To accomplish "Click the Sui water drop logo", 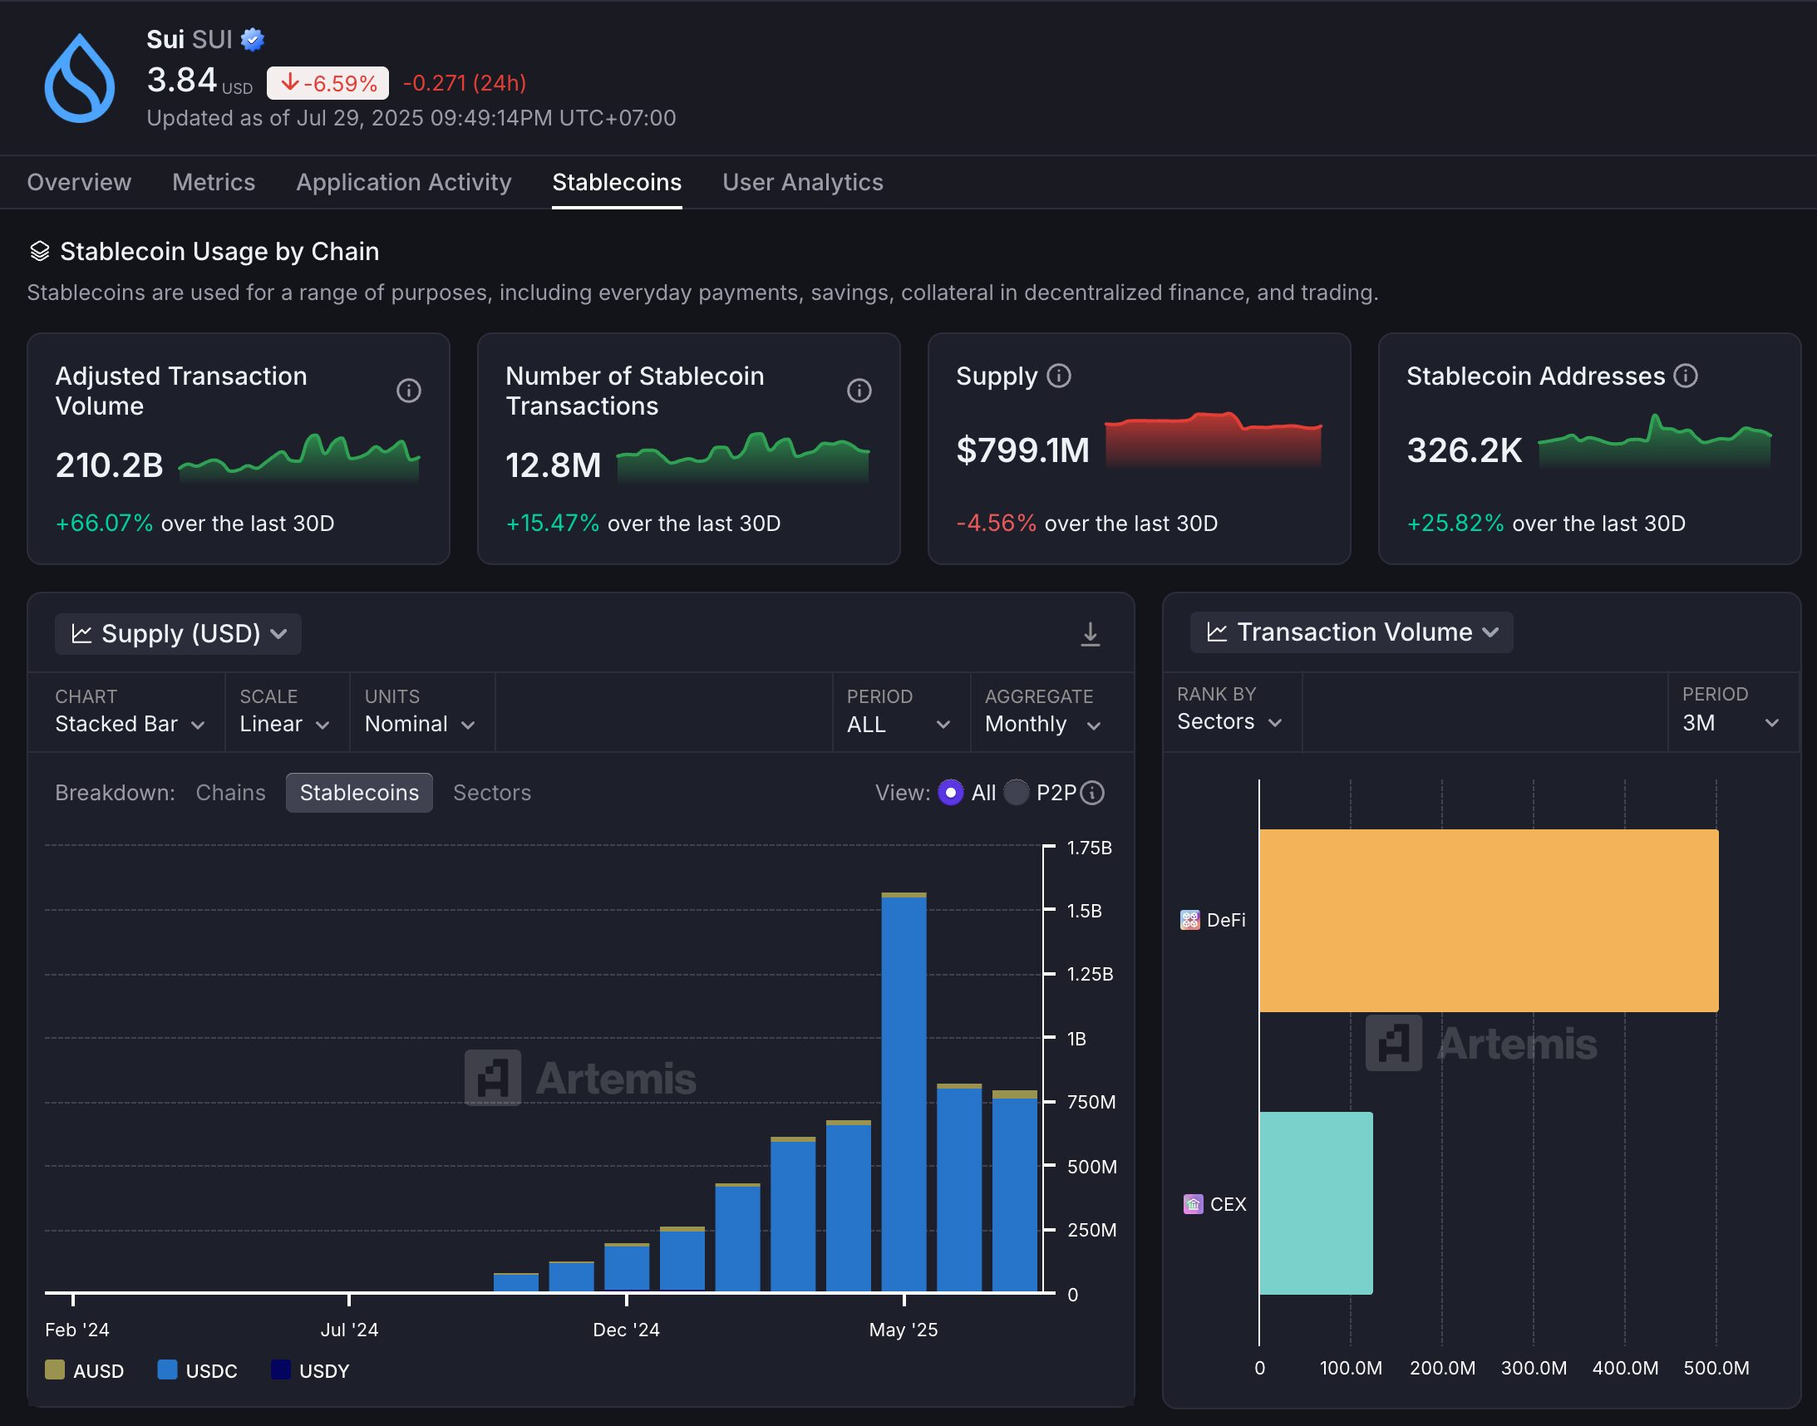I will (79, 78).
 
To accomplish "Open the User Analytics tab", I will (801, 182).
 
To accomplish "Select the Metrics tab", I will (213, 182).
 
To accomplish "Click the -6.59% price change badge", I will (327, 83).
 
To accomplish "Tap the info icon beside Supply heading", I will (1059, 376).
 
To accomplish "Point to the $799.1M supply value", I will (1022, 450).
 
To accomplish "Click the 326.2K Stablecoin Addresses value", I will (1464, 450).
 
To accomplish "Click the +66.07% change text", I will (105, 524).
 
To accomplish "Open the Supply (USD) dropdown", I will (178, 634).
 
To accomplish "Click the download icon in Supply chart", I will (1090, 635).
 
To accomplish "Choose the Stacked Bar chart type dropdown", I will (129, 724).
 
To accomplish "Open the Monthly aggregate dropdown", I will (1042, 724).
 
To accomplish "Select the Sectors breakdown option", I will (491, 792).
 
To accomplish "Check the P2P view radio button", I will (1017, 792).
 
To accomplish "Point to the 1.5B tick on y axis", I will (1084, 911).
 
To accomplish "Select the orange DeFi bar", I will (1488, 920).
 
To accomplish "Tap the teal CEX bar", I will (1315, 1203).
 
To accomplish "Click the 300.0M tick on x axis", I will (1533, 1368).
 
